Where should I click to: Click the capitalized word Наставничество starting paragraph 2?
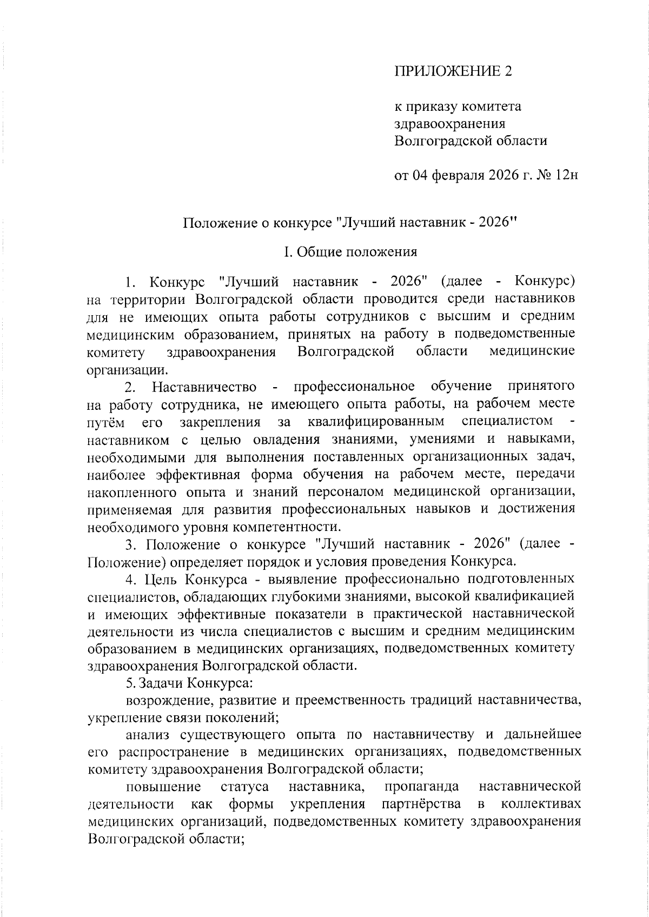[204, 387]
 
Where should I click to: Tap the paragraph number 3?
[130, 544]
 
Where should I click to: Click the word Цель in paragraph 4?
[162, 580]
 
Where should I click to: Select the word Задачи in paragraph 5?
[161, 683]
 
